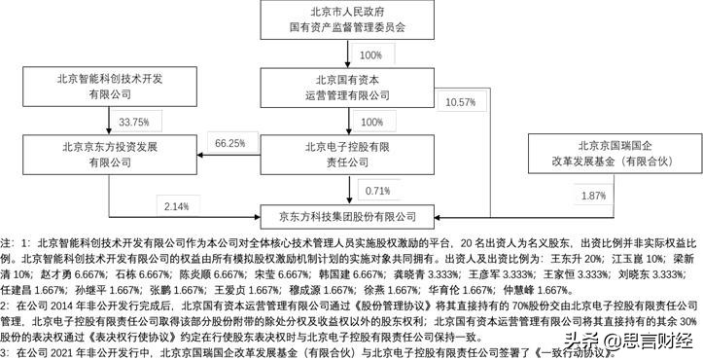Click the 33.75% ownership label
(133, 123)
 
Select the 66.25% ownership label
(230, 144)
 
